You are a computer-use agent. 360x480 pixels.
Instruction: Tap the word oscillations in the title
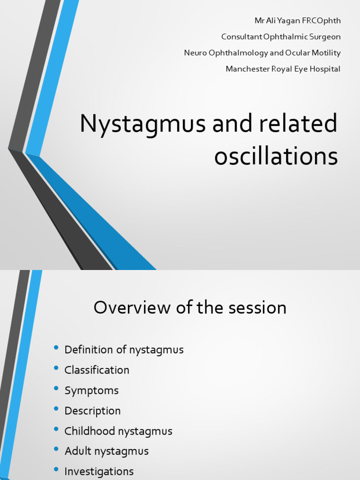[276, 157]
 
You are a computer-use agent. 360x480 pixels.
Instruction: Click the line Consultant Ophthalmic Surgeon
[281, 37]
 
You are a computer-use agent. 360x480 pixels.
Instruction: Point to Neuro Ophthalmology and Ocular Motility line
[262, 52]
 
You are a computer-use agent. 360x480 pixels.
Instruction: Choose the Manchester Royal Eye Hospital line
[283, 69]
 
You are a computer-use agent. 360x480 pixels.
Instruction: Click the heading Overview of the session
[190, 308]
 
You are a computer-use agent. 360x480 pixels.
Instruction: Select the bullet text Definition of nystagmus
[124, 350]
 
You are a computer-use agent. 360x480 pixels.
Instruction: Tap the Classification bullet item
[97, 370]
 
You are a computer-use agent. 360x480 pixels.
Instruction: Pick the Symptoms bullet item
[91, 390]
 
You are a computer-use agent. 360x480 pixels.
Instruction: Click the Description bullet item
[92, 411]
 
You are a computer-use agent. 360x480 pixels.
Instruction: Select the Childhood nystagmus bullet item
[118, 431]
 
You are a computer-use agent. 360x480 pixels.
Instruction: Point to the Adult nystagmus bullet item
[106, 451]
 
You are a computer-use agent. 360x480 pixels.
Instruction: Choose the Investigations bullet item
[99, 471]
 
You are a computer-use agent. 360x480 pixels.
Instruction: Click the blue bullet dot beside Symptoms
[56, 389]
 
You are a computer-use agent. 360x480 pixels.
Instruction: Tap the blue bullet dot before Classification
[56, 368]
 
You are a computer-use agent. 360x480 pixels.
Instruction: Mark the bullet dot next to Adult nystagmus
[56, 449]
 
